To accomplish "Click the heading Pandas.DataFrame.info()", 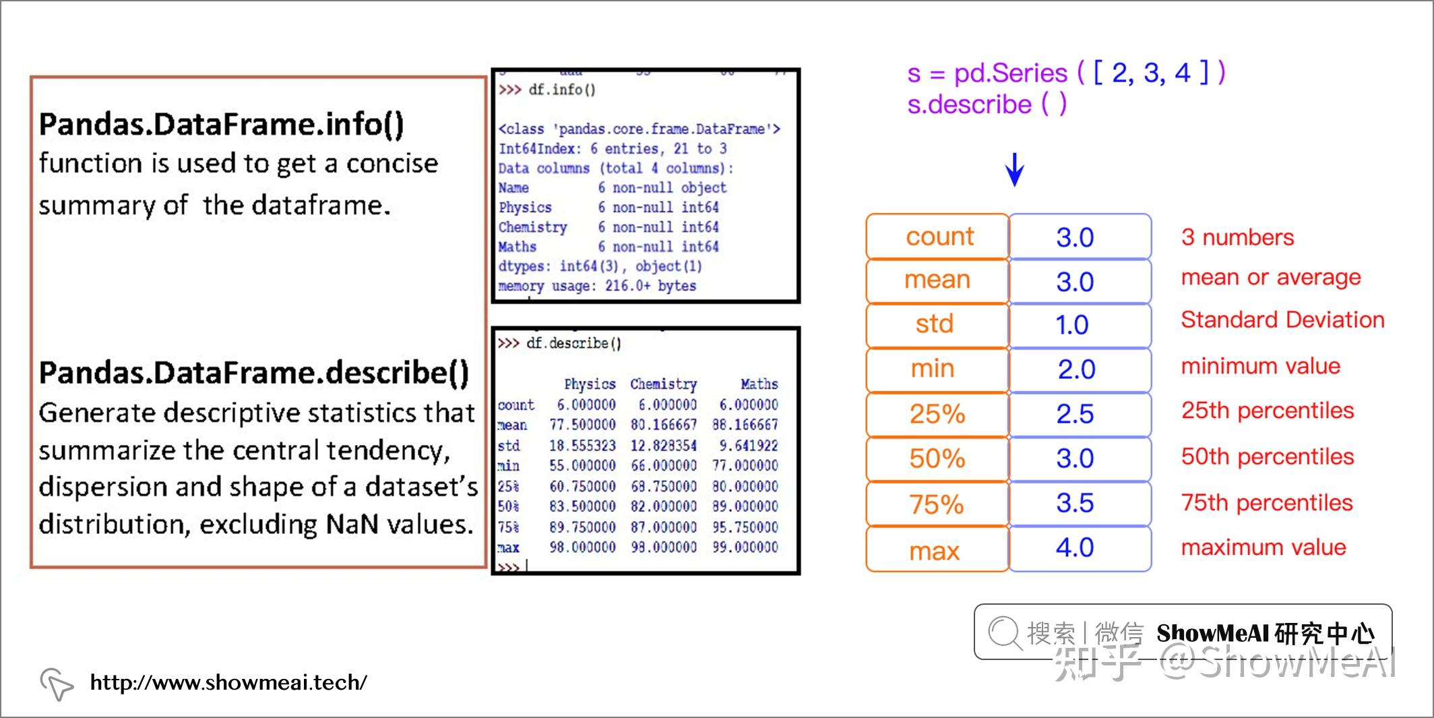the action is pyautogui.click(x=221, y=125).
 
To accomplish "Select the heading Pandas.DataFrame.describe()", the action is pyautogui.click(x=253, y=373).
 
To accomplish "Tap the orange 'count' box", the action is pyautogui.click(x=937, y=237).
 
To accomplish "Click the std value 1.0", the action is pyautogui.click(x=1072, y=325).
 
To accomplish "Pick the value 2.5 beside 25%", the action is pyautogui.click(x=1075, y=414).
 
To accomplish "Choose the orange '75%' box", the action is pyautogui.click(x=937, y=504).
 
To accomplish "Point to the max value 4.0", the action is pyautogui.click(x=1075, y=547).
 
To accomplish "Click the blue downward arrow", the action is pyautogui.click(x=1015, y=170).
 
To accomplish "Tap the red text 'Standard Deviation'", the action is pyautogui.click(x=1282, y=320).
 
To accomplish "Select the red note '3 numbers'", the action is pyautogui.click(x=1237, y=237).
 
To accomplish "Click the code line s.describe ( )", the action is pyautogui.click(x=987, y=104).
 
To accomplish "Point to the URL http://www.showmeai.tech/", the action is pyautogui.click(x=228, y=682).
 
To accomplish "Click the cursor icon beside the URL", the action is pyautogui.click(x=57, y=684).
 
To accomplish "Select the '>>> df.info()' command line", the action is pyautogui.click(x=547, y=90).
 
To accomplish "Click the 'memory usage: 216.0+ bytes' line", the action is pyautogui.click(x=597, y=286).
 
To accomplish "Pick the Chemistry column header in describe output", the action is pyautogui.click(x=663, y=384).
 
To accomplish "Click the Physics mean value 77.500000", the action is pyautogui.click(x=582, y=425).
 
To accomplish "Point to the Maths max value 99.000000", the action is pyautogui.click(x=745, y=547).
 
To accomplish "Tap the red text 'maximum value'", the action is pyautogui.click(x=1264, y=547).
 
